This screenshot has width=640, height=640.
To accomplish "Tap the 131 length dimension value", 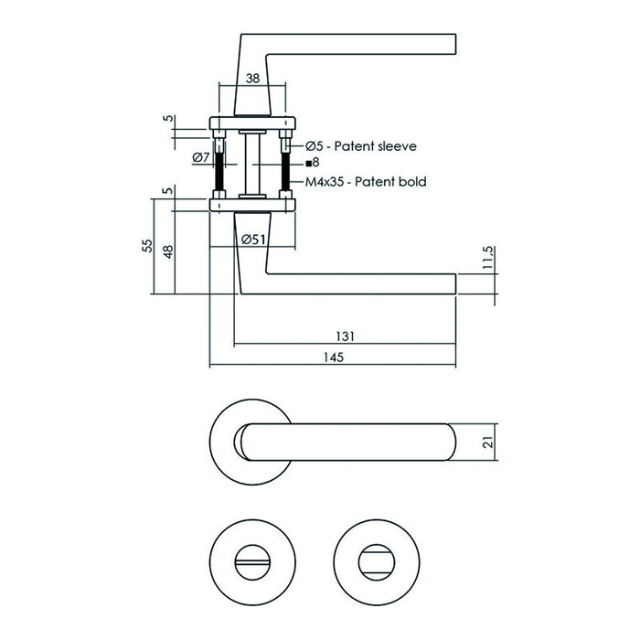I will pyautogui.click(x=344, y=336).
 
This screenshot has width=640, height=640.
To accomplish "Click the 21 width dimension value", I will pyautogui.click(x=488, y=444).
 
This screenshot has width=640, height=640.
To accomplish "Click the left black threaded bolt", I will pyautogui.click(x=221, y=170).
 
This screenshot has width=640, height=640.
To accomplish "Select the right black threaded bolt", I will pyautogui.click(x=288, y=170).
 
